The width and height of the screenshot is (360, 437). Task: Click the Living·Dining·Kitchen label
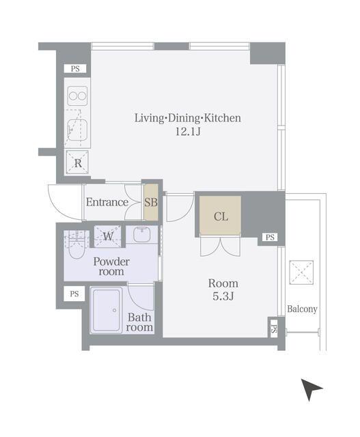[188, 118]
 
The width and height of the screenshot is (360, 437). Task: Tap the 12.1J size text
[188, 131]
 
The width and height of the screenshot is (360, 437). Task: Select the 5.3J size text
[223, 296]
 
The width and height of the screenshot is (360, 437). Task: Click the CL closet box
[220, 215]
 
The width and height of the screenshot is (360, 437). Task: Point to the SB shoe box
[151, 202]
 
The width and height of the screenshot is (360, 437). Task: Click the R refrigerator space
[77, 163]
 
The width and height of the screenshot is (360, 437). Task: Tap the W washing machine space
[108, 236]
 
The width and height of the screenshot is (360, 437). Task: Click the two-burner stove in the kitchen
[77, 96]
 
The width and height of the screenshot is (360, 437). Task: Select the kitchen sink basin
[77, 130]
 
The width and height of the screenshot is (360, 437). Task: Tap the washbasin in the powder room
[142, 235]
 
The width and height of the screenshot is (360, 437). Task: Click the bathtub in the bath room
[107, 310]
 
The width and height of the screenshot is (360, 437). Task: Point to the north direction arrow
[311, 389]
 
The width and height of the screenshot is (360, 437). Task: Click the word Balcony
[302, 309]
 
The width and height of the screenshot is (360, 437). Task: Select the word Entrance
[107, 202]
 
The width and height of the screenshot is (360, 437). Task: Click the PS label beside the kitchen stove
[75, 68]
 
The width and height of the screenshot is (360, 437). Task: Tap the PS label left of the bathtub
[74, 294]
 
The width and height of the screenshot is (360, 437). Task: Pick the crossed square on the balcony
[301, 272]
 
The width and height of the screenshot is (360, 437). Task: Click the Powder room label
[111, 266]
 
